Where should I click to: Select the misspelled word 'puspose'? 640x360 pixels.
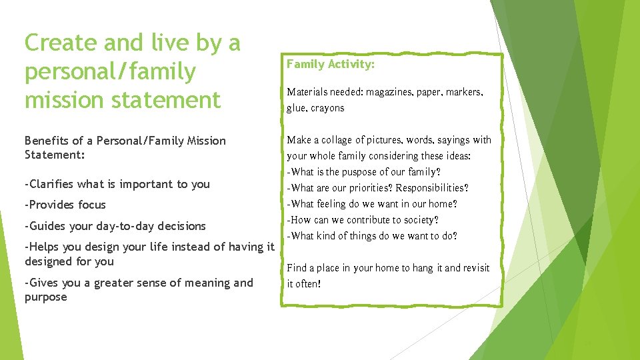pos(361,172)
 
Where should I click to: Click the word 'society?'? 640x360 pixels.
pos(418,220)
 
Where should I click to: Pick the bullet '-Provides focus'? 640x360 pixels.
pos(65,205)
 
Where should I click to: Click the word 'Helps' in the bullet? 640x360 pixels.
pos(44,247)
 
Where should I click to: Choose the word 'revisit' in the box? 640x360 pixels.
pos(473,268)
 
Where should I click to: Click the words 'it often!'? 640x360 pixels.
pos(304,284)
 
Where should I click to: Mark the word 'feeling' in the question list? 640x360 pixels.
pos(333,204)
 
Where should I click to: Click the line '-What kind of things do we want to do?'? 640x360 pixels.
pos(372,236)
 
